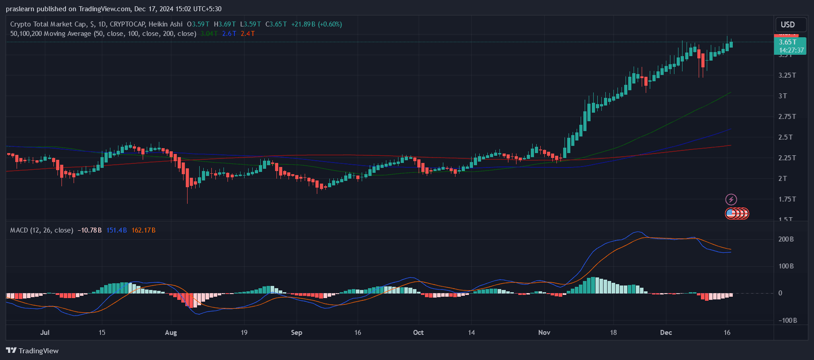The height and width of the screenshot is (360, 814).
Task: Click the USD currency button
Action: coord(788,25)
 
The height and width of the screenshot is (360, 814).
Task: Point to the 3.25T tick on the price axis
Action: coord(787,75)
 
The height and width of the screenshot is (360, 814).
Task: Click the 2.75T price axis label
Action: coord(787,116)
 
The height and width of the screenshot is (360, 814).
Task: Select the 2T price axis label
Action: coord(783,178)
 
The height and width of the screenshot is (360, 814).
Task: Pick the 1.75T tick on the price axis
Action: coord(787,199)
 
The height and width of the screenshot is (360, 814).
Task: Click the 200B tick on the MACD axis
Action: coord(786,239)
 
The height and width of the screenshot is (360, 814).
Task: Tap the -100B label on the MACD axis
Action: coord(788,320)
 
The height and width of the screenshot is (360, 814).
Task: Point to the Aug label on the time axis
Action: coord(171,333)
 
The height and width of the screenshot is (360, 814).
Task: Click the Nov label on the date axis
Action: coord(544,333)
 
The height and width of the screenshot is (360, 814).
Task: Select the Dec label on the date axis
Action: coord(666,333)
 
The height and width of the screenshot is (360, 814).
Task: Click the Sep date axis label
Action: coord(297,333)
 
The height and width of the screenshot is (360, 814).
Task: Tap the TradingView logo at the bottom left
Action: coord(32,351)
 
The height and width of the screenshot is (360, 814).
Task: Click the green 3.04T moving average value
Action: coord(209,34)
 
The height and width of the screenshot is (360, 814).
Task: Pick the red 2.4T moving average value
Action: coord(247,34)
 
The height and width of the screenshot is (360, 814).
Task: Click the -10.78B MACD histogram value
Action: coord(89,230)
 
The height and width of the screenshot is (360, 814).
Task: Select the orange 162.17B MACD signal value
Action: coord(143,230)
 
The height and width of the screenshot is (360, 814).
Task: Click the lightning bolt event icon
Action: coord(731,199)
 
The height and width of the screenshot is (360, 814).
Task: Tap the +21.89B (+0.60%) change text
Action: coord(316,24)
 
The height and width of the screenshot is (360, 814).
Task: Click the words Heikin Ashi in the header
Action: coord(166,24)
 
